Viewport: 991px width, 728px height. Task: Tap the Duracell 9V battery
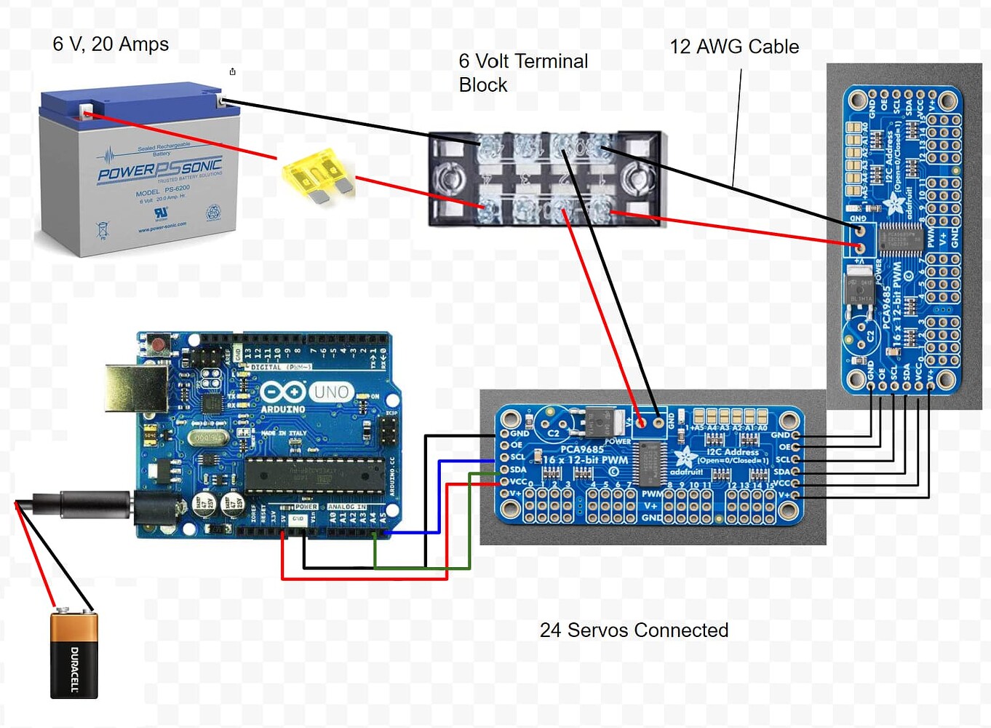click(x=73, y=654)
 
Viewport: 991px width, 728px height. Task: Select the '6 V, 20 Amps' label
click(x=111, y=44)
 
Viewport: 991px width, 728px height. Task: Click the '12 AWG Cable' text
click(x=733, y=47)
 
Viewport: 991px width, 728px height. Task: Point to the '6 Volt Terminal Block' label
click(x=522, y=73)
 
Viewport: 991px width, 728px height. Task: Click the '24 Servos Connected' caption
click(x=633, y=630)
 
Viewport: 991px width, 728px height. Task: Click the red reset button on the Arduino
click(x=155, y=343)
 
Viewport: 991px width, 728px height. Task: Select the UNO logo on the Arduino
click(x=331, y=392)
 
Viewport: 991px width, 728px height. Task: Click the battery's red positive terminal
click(x=86, y=112)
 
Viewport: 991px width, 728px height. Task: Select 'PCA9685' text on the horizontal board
click(x=581, y=448)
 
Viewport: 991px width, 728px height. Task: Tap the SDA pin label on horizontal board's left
click(x=518, y=469)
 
